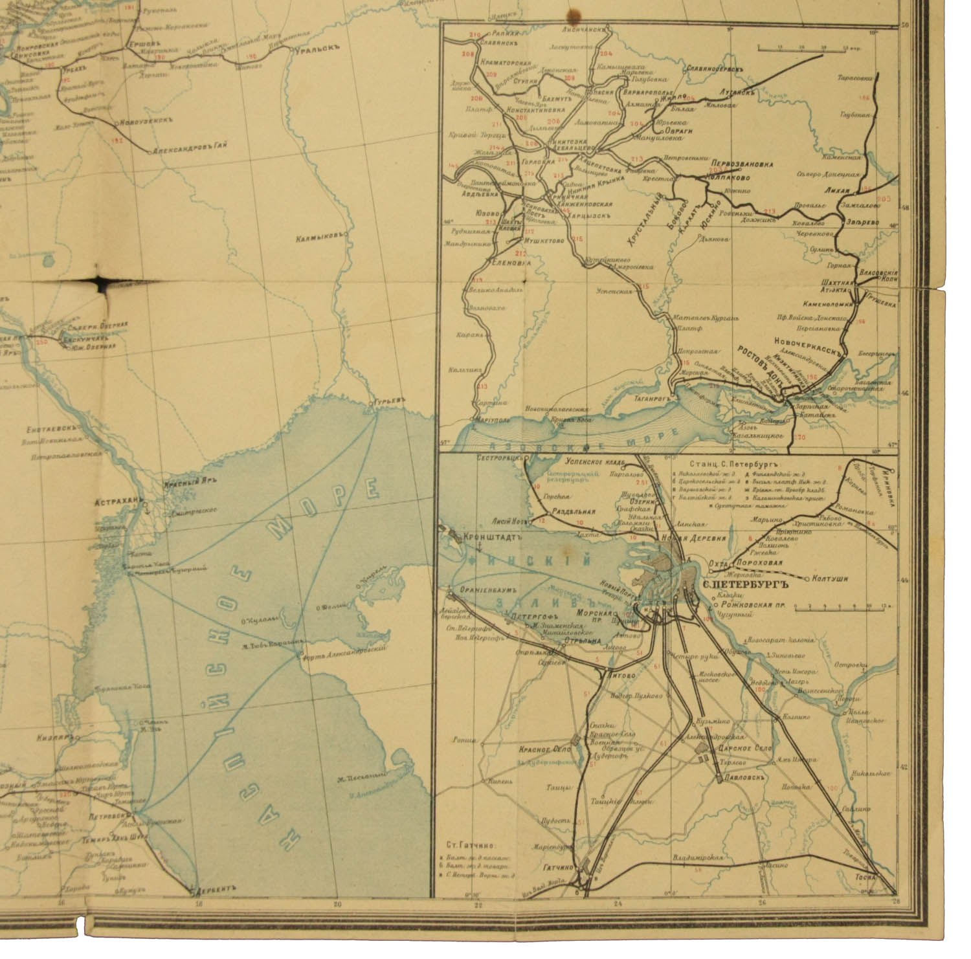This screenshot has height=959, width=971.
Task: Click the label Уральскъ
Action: pyautogui.click(x=314, y=50)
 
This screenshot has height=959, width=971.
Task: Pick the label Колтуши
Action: pyautogui.click(x=831, y=579)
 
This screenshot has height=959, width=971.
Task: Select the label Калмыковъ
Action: pyautogui.click(x=318, y=237)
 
